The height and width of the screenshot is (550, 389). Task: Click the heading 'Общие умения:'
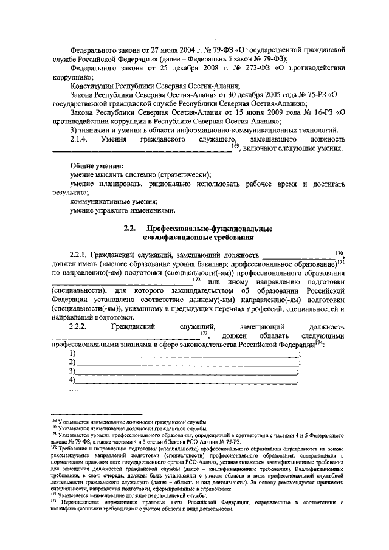(x=97, y=166)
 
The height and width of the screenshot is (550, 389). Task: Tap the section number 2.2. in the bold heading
(x=128, y=229)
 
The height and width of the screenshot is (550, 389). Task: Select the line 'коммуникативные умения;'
(x=114, y=201)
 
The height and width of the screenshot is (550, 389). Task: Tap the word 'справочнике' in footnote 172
(x=213, y=487)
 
